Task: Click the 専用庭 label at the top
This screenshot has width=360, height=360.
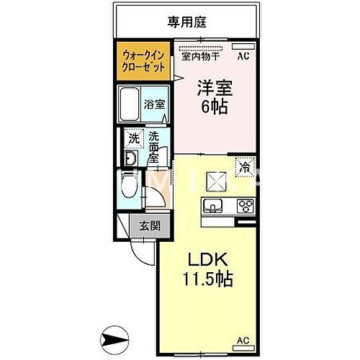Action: click(x=186, y=22)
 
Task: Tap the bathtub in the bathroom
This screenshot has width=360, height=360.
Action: click(x=131, y=103)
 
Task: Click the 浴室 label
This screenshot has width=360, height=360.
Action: click(x=155, y=104)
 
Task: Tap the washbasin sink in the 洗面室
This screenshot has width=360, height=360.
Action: click(x=131, y=159)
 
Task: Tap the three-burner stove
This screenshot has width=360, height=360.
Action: click(x=245, y=205)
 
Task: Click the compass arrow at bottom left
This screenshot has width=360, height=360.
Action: click(x=116, y=336)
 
